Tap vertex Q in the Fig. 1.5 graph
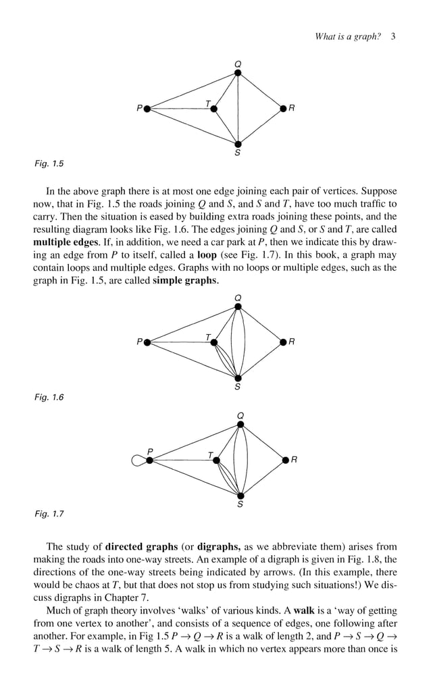point(238,73)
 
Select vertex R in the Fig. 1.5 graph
point(283,108)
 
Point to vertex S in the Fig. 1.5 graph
point(238,143)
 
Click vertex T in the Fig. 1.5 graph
point(214,108)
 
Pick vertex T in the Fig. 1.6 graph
point(214,342)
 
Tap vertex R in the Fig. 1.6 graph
point(283,342)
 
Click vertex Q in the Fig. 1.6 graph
point(238,307)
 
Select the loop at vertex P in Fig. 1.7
point(138,460)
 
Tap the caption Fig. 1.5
point(49,163)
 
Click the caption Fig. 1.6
point(49,398)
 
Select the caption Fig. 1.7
point(49,515)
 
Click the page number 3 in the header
point(392,36)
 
